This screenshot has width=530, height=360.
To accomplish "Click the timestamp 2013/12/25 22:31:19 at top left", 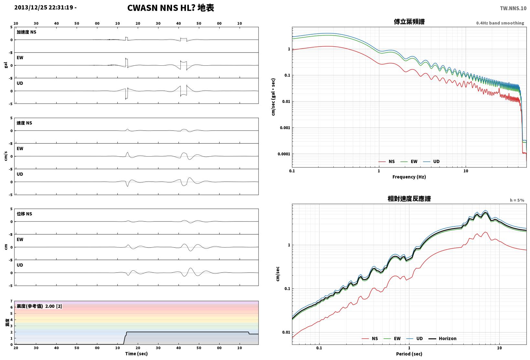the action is coord(44,7).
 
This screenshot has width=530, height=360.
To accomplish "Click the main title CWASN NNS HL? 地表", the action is coord(171,8).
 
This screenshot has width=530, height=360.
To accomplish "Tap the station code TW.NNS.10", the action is coord(513,8).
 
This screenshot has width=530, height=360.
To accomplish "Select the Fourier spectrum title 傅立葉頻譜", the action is coord(409,22).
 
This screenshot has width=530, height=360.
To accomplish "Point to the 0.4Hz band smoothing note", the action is coord(500,23).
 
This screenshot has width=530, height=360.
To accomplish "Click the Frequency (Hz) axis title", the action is coord(409,177).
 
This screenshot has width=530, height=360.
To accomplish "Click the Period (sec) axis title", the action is coord(409,354).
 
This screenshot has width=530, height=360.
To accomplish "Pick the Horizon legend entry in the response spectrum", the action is coord(442,338).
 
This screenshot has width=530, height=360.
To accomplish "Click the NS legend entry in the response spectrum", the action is coord(370,338).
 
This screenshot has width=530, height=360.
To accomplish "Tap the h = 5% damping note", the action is coord(517,200).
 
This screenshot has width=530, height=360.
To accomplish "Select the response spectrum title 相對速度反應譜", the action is coord(409,199).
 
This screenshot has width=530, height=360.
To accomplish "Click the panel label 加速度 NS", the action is coord(27,32).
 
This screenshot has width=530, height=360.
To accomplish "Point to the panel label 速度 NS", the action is coord(24,123).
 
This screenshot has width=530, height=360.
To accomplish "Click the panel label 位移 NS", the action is coord(24,214).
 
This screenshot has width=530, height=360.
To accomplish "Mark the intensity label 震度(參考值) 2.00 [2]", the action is coord(39,306).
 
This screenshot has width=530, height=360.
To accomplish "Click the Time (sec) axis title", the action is coord(136,354).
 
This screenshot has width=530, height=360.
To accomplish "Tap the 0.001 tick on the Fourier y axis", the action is coord(285,128).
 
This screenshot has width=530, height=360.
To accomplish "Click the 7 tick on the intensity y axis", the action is coord(11,301).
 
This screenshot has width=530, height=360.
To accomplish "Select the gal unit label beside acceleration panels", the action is coord(6,65).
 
